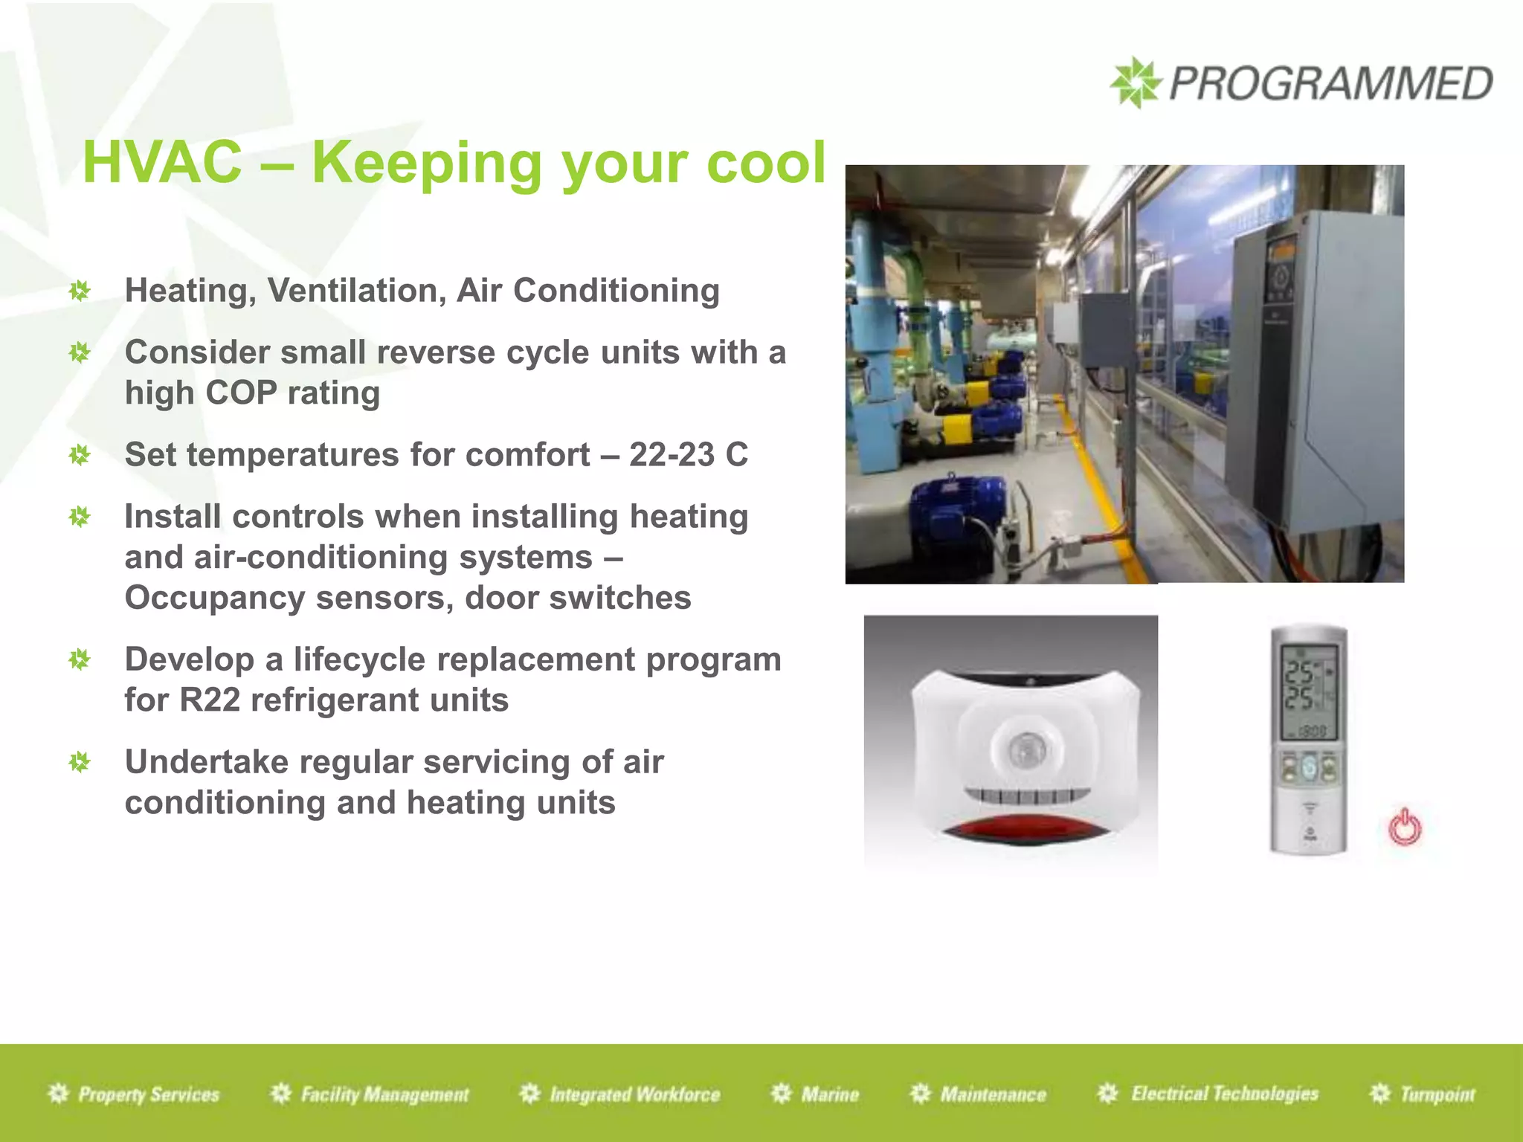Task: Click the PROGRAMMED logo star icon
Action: point(1135,83)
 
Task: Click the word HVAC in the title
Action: point(162,163)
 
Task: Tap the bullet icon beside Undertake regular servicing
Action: point(79,762)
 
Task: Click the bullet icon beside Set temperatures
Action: point(79,455)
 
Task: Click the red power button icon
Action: point(1405,828)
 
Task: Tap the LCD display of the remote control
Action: point(1308,692)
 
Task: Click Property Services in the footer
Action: point(148,1094)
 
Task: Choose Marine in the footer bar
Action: point(829,1094)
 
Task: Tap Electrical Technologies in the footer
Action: point(1224,1094)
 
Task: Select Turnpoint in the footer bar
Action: point(1437,1094)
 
